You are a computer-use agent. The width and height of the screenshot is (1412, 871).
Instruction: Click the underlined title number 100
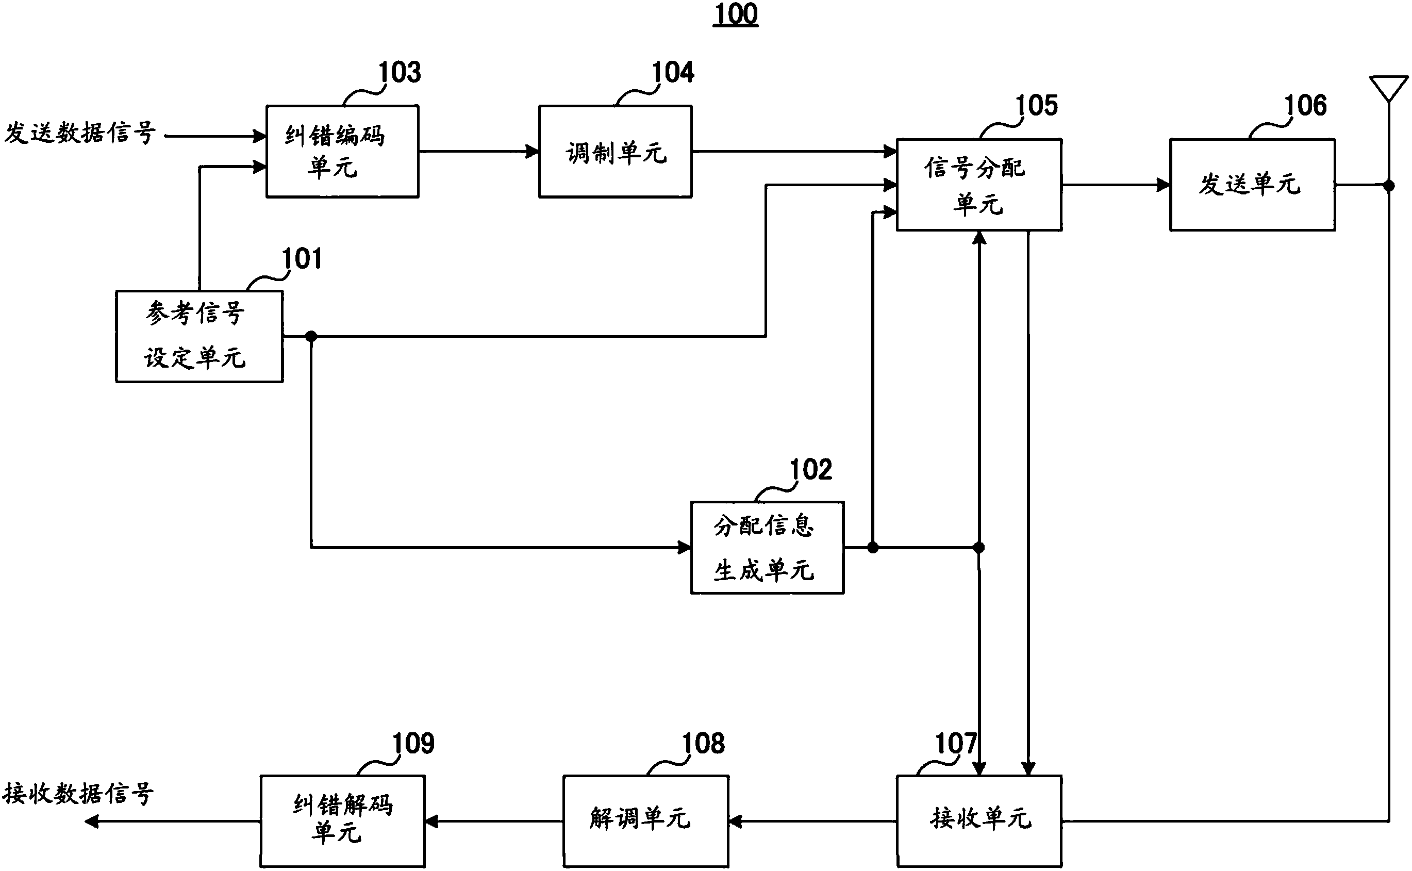735,14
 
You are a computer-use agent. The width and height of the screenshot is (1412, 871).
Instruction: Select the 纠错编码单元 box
342,152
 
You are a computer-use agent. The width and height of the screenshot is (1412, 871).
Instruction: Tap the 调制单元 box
615,152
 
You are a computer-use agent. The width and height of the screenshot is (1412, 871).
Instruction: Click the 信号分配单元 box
979,185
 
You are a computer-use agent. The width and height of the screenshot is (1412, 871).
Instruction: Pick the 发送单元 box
1252,185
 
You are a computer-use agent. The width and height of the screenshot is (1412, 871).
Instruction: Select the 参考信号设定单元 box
199,336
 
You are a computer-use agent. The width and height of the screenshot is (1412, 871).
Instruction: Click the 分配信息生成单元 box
767,547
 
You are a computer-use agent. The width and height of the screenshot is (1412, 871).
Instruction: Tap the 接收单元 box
979,820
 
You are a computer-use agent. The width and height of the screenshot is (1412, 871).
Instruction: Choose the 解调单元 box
645,820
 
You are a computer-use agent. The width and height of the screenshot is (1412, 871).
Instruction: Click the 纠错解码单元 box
342,820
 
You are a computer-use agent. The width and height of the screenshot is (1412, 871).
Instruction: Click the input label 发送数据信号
79,133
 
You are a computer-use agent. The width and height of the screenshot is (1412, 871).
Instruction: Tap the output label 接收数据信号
78,794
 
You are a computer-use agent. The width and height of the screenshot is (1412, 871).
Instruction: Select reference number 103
399,73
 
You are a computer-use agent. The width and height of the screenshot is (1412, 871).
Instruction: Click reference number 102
810,469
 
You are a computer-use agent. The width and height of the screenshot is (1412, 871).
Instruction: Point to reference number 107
956,744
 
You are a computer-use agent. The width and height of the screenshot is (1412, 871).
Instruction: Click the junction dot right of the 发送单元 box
1389,186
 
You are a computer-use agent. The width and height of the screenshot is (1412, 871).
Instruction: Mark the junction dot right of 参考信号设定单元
311,336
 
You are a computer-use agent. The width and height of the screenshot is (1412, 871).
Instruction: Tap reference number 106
1305,105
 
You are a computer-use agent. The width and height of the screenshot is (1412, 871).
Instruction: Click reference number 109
413,744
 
